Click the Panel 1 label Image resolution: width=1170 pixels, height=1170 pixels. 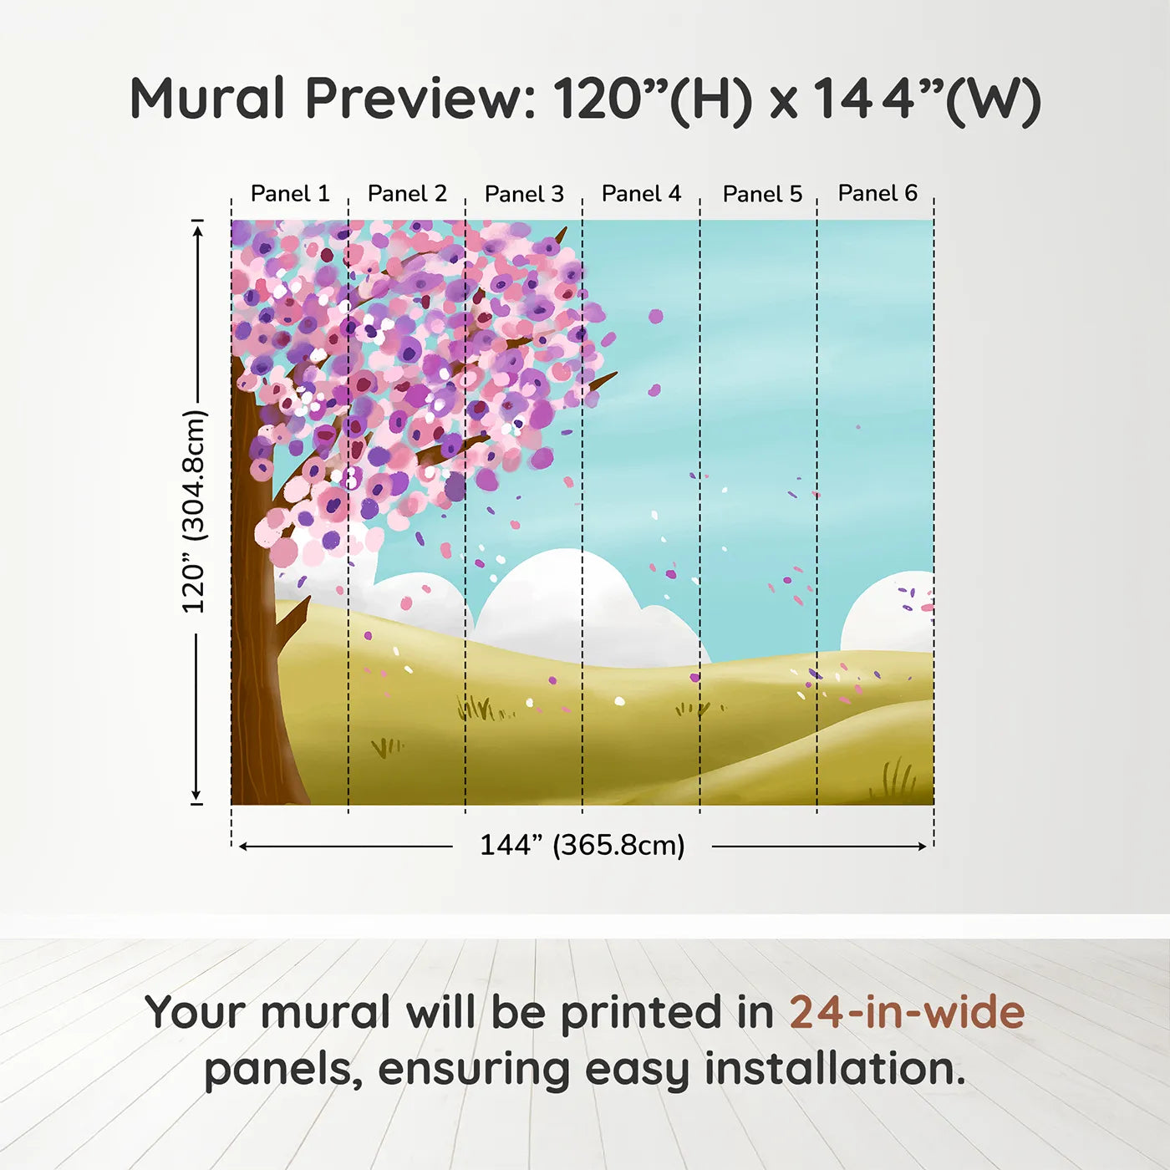click(290, 194)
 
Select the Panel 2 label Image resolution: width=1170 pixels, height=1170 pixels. click(407, 194)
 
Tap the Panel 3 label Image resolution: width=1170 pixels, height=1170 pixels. click(524, 194)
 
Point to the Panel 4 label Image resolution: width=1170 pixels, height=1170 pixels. click(641, 194)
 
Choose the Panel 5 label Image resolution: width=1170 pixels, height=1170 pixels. click(762, 194)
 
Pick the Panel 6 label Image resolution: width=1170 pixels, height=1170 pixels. click(877, 193)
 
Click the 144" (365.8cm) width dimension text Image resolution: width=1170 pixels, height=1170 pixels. click(582, 845)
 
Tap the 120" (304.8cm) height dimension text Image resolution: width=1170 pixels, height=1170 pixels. click(194, 511)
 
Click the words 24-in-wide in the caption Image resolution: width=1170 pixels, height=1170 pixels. click(907, 1012)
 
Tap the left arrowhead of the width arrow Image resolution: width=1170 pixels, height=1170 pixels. click(243, 847)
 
